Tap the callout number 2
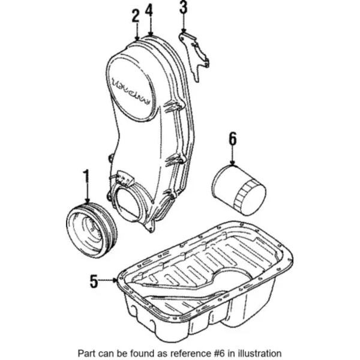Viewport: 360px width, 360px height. coord(136,16)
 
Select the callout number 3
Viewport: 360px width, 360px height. coord(183,8)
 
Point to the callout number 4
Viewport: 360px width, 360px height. coord(149,11)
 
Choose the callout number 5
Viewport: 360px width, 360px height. coord(94,281)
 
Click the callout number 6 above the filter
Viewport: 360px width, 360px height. coord(232,139)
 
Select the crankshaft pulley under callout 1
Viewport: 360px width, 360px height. coord(91,230)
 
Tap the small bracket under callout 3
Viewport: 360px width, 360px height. coord(194,56)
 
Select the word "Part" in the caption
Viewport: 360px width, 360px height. coord(86,353)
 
